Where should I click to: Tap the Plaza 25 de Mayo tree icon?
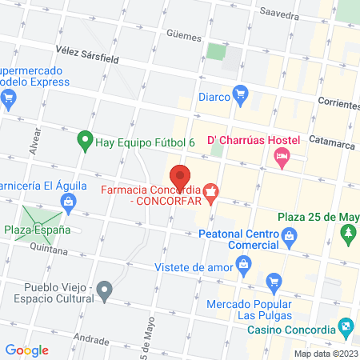tap(348, 234)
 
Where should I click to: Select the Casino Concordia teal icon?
tap(346, 326)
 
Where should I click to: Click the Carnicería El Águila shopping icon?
tap(70, 202)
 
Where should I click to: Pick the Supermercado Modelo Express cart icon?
tap(9, 100)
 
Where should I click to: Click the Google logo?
tap(27, 350)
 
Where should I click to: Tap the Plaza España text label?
tap(37, 230)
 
